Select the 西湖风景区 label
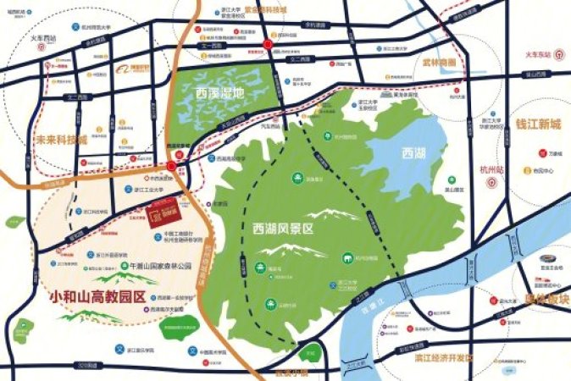pyautogui.click(x=283, y=229)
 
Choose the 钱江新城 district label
pyautogui.click(x=537, y=124)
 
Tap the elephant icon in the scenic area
pyautogui.click(x=348, y=258)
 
